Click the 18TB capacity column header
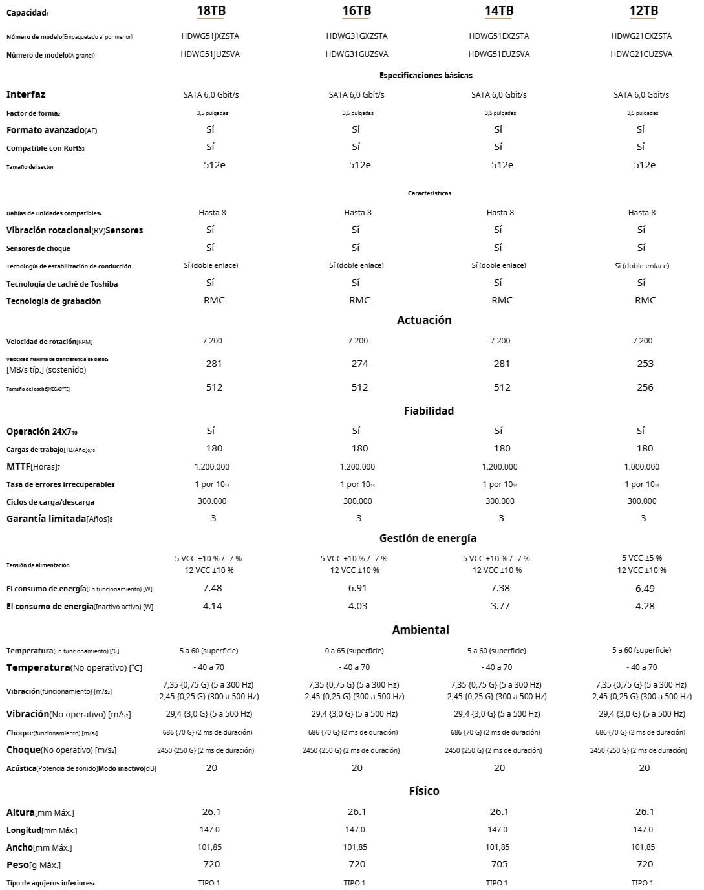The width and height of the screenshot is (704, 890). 211,11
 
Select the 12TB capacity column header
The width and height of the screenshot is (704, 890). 643,11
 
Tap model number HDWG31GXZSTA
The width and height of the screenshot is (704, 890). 357,36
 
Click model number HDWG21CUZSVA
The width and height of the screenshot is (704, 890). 641,54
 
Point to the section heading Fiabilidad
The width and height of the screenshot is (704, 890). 429,411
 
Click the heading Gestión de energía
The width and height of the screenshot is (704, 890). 427,538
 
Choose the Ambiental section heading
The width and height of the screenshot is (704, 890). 420,630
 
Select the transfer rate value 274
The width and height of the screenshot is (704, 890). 359,364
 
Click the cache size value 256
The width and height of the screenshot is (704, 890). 645,387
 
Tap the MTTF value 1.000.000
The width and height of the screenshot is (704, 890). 642,466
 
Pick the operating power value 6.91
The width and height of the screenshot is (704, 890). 357,588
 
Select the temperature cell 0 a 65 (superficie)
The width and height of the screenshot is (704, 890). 354,651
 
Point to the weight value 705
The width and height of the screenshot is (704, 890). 499,864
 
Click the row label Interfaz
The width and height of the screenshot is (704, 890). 26,94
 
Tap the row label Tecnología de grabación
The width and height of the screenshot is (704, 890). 54,301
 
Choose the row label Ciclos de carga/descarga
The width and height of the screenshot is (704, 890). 50,502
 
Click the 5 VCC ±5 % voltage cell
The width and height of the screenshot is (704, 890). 642,558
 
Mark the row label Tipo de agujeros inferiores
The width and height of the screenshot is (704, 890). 50,883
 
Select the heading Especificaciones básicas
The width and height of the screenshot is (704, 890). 425,76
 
